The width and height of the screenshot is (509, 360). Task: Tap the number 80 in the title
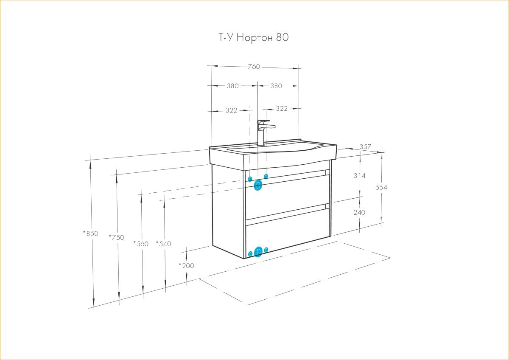[282, 37]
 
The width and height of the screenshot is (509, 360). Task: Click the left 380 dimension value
[233, 86]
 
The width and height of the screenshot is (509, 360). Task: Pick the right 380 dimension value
[276, 86]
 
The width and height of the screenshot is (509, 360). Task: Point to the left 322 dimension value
[231, 110]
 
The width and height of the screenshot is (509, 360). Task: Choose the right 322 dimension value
[282, 109]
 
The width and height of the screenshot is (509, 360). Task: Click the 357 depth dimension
[365, 147]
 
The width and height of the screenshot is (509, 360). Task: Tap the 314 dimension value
[359, 175]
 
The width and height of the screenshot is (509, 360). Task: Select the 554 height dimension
[381, 187]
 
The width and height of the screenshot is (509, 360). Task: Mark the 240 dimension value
[359, 212]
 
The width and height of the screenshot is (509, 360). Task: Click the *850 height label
[91, 233]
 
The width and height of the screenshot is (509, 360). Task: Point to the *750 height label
[117, 237]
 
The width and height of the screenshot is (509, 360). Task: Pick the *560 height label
[141, 244]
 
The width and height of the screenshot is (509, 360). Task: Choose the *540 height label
[164, 244]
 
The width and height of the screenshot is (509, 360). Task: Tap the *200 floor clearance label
[186, 266]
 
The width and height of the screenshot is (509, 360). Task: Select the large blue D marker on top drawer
[258, 185]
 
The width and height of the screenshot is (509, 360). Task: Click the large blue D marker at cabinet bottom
[258, 252]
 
